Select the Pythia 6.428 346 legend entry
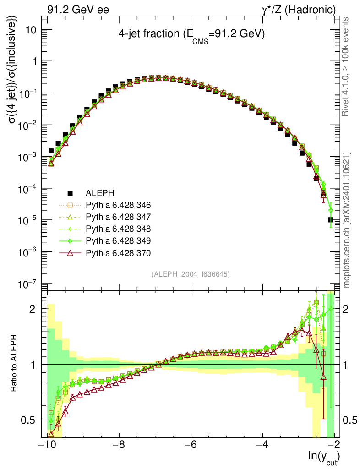point(118,205)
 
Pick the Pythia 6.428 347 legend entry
point(118,217)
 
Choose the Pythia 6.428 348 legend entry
point(118,229)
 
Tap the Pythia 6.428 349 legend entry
point(118,240)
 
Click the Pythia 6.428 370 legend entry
point(118,252)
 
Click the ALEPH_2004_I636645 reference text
point(190,274)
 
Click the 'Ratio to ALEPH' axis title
point(15,364)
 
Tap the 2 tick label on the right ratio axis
point(349,309)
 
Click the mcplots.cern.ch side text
point(347,220)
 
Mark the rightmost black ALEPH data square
point(331,220)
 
